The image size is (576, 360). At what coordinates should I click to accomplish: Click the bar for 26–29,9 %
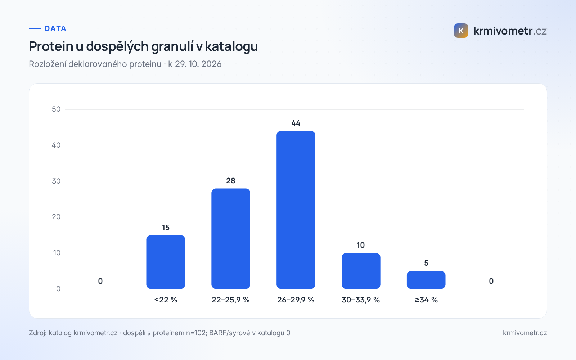[x=296, y=210]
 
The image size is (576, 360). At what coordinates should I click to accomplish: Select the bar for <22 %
[x=166, y=262]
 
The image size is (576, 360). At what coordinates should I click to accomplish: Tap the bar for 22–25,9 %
[x=231, y=239]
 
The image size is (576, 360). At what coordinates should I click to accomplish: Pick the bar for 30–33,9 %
[x=361, y=271]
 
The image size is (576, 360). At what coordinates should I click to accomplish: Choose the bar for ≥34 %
[x=426, y=280]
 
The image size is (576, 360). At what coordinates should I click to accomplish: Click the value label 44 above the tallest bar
[x=296, y=123]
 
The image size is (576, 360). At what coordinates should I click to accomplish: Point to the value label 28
[x=231, y=181]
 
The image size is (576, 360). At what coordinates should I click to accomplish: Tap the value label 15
[x=166, y=228]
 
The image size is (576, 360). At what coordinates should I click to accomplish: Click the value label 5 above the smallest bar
[x=426, y=263]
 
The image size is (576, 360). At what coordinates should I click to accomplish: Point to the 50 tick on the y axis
[x=56, y=109]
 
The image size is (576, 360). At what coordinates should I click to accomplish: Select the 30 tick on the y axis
[x=56, y=181]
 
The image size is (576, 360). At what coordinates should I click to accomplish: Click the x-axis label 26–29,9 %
[x=296, y=300]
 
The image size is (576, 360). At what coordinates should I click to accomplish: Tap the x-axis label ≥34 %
[x=426, y=300]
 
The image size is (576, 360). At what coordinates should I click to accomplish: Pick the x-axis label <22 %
[x=166, y=300]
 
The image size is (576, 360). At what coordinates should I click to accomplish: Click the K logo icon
[x=461, y=31]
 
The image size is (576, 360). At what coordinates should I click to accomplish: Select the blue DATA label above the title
[x=55, y=28]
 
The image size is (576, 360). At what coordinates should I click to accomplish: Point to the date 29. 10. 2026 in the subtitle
[x=198, y=64]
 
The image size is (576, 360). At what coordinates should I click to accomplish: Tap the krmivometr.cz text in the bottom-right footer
[x=525, y=333]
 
